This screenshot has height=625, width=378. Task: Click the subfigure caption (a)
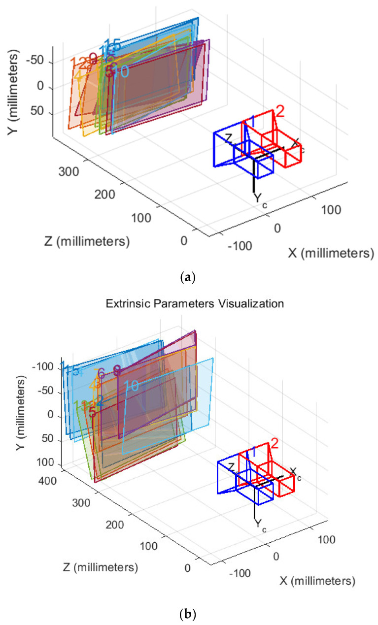point(189,278)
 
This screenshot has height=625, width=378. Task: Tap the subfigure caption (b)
point(189,614)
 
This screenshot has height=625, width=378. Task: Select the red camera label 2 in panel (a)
point(279,111)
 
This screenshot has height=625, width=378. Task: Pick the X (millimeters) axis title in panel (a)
point(328,254)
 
